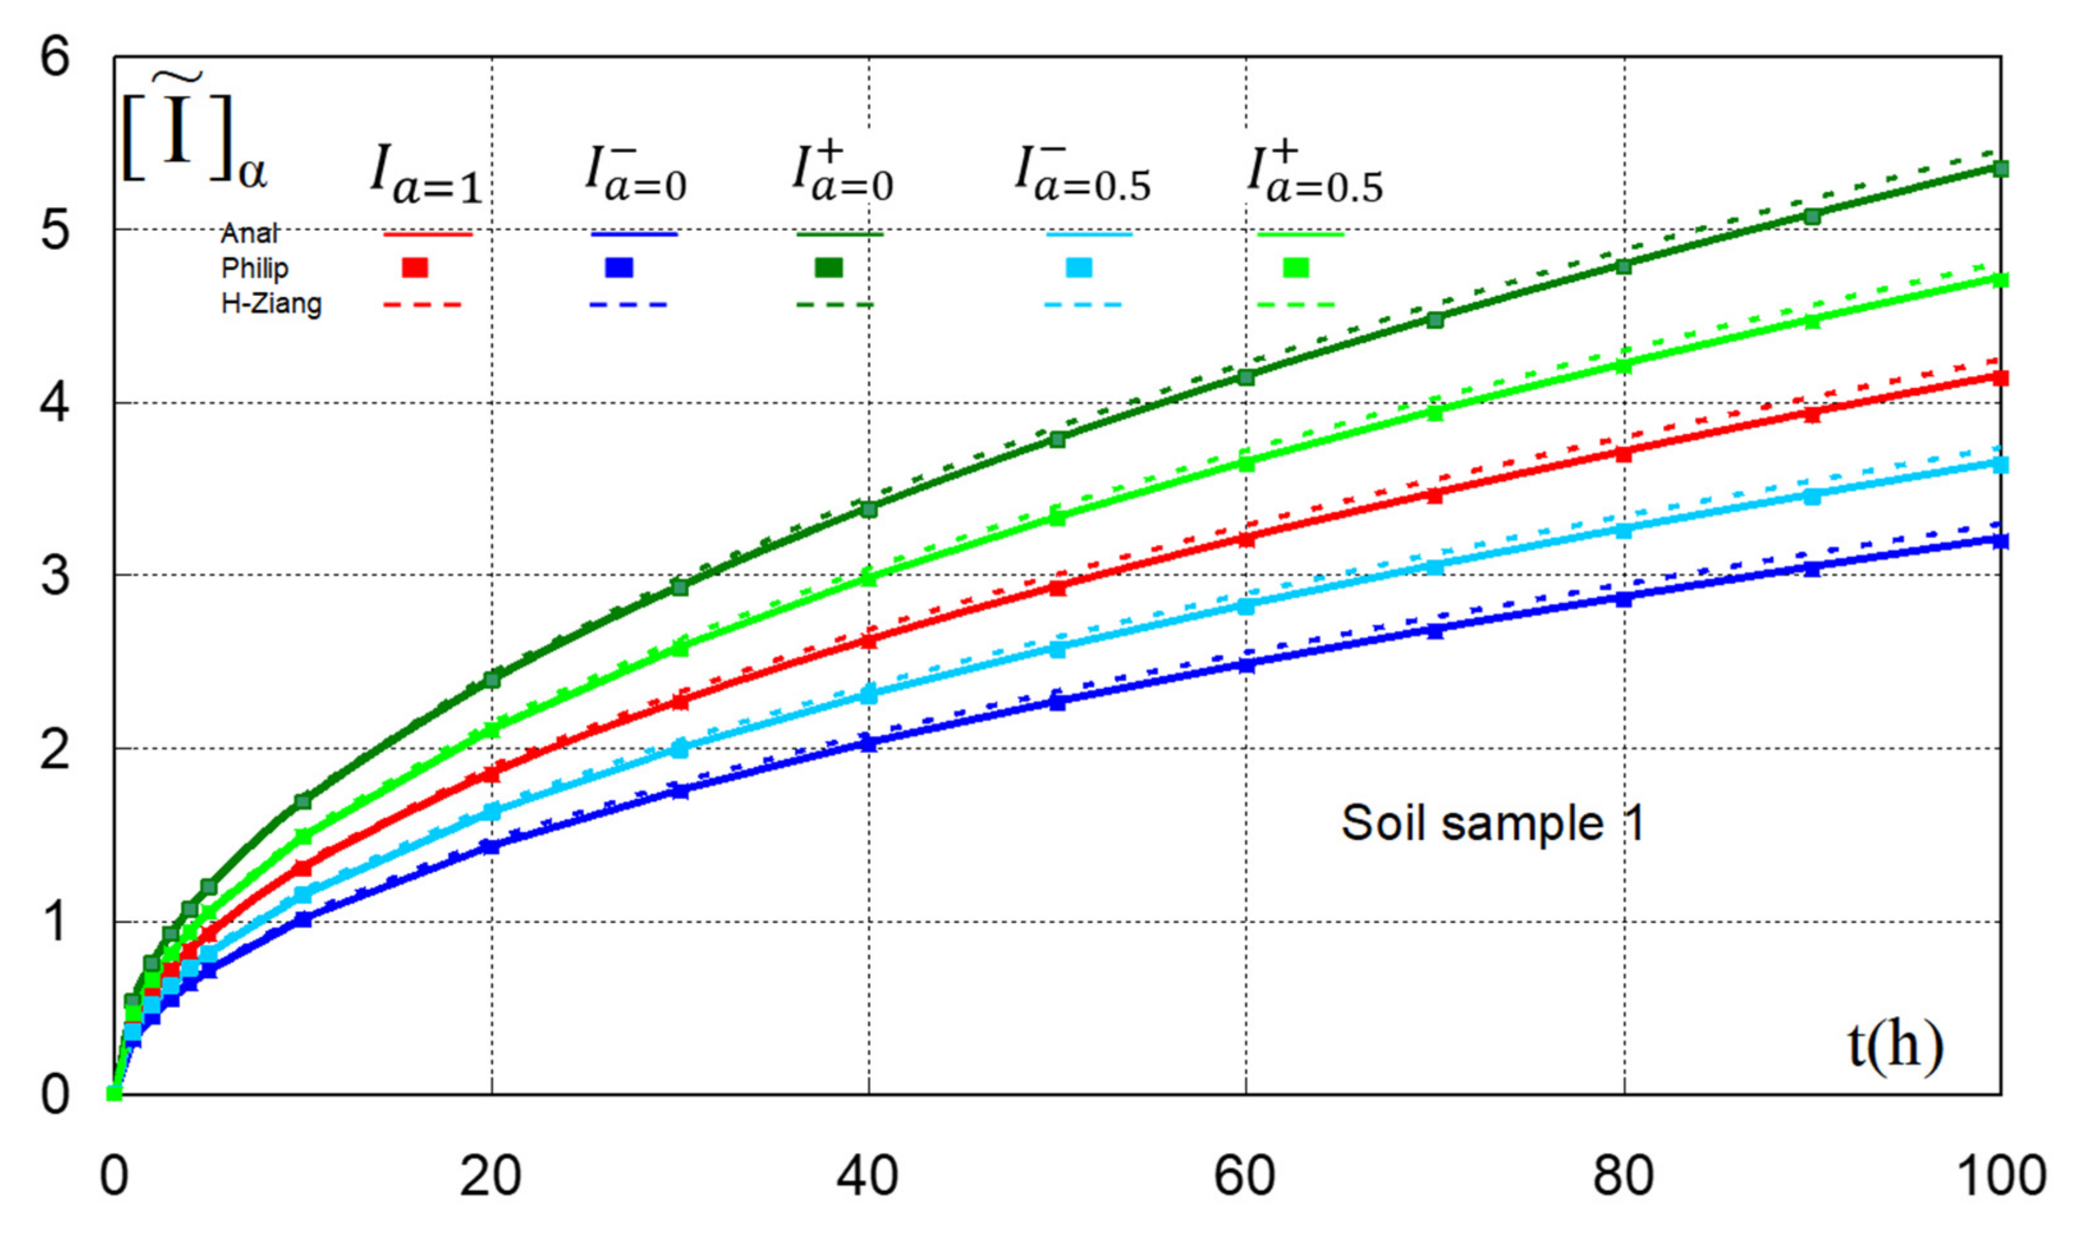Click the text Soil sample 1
1493,822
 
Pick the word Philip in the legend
255,269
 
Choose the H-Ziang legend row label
271,303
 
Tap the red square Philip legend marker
415,268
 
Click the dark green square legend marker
829,268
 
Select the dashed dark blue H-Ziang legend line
629,304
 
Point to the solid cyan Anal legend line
1089,234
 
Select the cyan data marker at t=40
869,694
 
